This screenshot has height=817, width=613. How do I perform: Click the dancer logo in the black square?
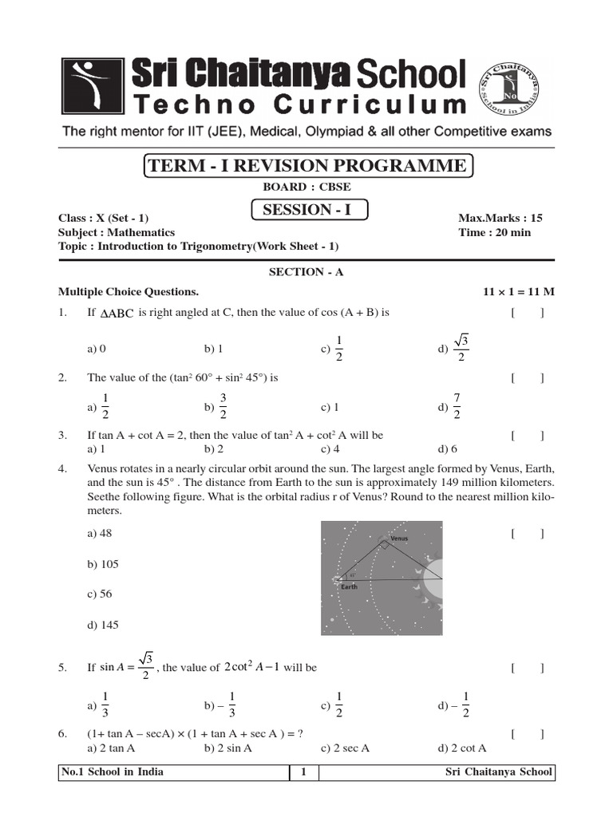[x=92, y=87]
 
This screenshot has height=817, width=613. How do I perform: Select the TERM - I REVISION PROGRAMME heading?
[x=307, y=166]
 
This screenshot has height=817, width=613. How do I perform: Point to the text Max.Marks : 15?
[x=494, y=218]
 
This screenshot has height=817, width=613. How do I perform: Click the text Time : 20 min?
[x=494, y=232]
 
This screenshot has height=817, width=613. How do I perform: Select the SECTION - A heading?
[x=306, y=272]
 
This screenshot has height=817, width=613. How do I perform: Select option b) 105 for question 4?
[x=103, y=564]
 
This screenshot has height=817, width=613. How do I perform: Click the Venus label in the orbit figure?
[x=399, y=539]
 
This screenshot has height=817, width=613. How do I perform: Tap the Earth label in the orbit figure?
[x=349, y=586]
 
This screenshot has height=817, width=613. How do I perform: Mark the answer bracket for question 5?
[x=528, y=668]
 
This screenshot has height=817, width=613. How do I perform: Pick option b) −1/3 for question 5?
[x=220, y=706]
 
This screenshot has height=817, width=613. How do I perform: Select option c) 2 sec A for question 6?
[x=345, y=748]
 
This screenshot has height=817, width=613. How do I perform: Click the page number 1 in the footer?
[x=303, y=772]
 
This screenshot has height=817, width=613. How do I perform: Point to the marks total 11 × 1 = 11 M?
[x=519, y=292]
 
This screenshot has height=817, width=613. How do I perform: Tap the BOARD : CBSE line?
[x=306, y=187]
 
